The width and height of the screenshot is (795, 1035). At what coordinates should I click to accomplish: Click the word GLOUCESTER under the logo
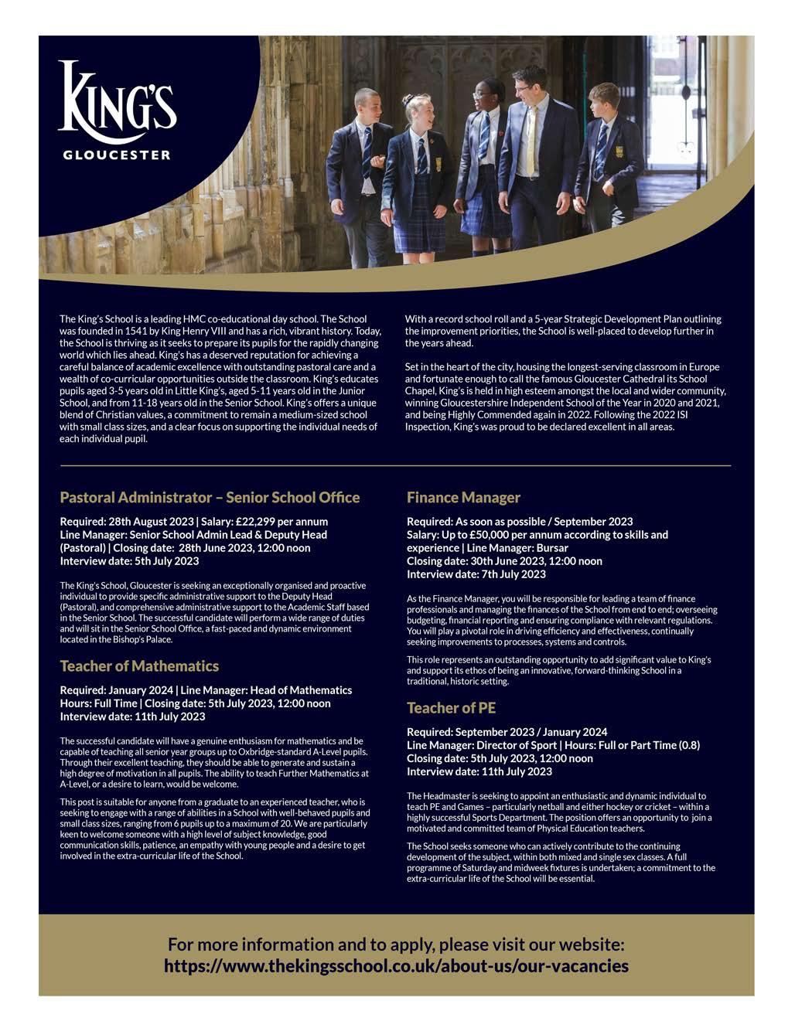[116, 155]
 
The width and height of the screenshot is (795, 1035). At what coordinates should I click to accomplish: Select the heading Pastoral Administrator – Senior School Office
[210, 497]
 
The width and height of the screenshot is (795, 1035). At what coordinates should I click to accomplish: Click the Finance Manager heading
[463, 497]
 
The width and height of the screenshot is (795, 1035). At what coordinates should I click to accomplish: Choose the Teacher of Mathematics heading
[139, 666]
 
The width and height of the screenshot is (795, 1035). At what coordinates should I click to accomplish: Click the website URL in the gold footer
[396, 966]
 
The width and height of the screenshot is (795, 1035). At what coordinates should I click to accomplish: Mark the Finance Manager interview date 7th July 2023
[517, 574]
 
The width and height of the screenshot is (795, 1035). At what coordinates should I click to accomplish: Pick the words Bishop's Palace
[145, 639]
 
